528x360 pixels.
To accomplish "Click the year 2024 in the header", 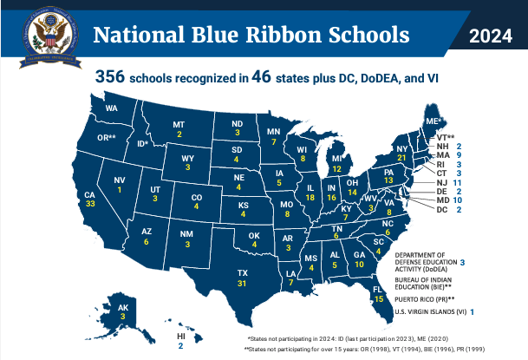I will point(491,35).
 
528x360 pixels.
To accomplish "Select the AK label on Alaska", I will point(122,307).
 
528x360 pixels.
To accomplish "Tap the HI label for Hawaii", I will point(181,336).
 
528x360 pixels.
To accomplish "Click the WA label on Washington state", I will point(111,109).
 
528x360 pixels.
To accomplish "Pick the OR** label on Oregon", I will point(106,138).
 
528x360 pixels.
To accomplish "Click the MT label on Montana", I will point(179,124).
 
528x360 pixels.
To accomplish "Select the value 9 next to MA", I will point(459,154).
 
